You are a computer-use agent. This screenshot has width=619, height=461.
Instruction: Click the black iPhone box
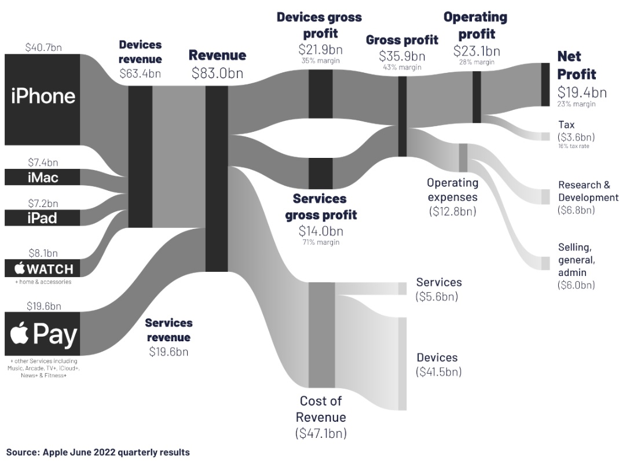point(42,99)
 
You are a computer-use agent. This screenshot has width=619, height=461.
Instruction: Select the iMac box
point(42,177)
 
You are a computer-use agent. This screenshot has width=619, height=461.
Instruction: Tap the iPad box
point(42,218)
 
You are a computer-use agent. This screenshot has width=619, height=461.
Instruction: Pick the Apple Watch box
point(42,268)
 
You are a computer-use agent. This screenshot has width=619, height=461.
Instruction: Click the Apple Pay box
point(42,334)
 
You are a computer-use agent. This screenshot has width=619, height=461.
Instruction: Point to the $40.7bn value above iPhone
point(43,47)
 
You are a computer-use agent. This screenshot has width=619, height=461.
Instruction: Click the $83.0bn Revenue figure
point(217,73)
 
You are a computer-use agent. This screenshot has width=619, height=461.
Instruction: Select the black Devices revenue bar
point(140,156)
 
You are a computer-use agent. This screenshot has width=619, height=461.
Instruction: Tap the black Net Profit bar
point(545,84)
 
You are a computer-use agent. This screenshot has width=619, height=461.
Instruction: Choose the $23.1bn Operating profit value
point(475,50)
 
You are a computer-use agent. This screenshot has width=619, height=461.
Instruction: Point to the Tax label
point(566,125)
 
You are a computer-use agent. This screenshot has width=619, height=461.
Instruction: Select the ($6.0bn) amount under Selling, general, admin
point(576,285)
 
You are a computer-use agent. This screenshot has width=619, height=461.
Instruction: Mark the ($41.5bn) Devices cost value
point(438,372)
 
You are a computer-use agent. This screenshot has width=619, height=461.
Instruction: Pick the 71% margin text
point(320,242)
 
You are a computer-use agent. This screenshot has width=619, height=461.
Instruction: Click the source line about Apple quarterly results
point(98,452)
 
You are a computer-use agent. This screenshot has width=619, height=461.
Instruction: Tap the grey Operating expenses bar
point(463,157)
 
